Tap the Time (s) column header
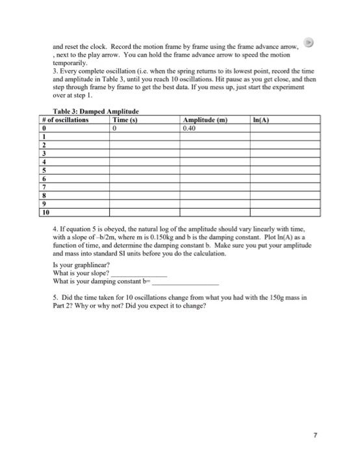tap(125, 120)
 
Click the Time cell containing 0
tap(114, 128)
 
